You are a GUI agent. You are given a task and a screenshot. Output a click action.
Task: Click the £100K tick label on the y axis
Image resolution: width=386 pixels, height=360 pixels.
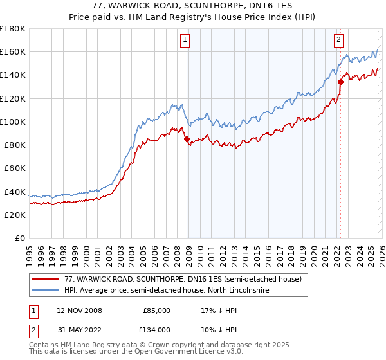(x=13, y=122)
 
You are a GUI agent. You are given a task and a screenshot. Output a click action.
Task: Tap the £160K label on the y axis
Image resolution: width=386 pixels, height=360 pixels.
(x=13, y=51)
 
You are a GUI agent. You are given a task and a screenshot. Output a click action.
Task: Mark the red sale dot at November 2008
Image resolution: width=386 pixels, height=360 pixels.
(x=187, y=139)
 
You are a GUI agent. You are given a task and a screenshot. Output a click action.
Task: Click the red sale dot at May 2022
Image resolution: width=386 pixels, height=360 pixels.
(x=340, y=82)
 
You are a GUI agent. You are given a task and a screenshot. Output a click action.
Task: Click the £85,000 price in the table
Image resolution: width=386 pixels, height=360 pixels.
(x=156, y=310)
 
